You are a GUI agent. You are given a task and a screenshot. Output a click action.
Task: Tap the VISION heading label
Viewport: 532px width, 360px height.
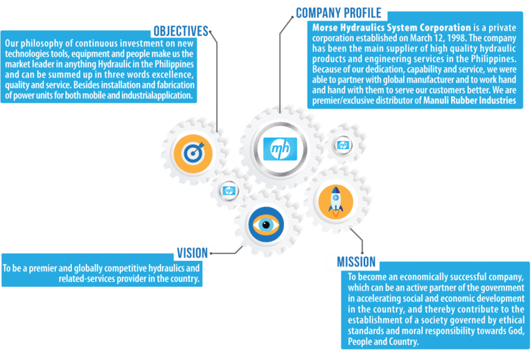tap(192, 253)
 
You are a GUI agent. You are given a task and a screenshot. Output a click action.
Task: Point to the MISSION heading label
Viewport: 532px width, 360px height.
tap(357, 262)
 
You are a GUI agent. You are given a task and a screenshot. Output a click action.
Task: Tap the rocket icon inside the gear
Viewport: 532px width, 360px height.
tap(335, 198)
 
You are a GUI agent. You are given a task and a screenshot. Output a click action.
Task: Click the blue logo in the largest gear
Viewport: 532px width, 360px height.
tap(280, 147)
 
